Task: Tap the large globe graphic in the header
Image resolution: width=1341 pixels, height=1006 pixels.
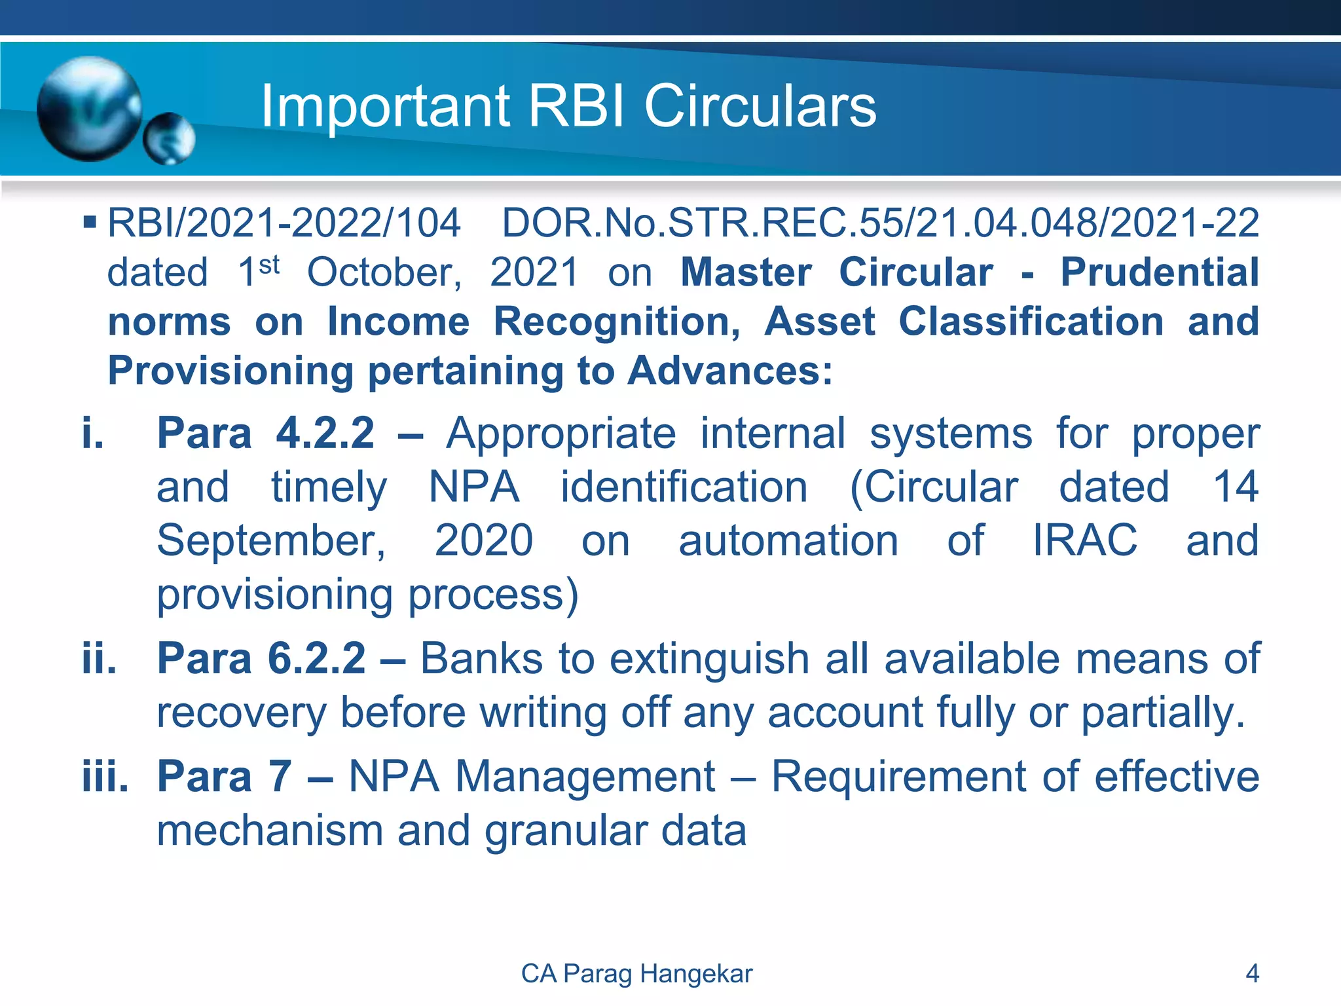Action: pyautogui.click(x=89, y=109)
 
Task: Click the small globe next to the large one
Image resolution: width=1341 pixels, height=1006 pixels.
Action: pyautogui.click(x=169, y=138)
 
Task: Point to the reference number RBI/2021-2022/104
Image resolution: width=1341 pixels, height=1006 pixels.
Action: pyautogui.click(x=284, y=223)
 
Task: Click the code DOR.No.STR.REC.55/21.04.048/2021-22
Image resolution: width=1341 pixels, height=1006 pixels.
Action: pyautogui.click(x=880, y=223)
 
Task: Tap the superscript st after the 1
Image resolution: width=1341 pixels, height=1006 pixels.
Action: pyautogui.click(x=269, y=265)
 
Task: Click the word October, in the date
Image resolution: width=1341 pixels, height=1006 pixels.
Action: pyautogui.click(x=384, y=272)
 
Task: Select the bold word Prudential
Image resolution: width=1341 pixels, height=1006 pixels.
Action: pyautogui.click(x=1159, y=272)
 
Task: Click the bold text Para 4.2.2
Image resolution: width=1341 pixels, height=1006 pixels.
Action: pyautogui.click(x=265, y=434)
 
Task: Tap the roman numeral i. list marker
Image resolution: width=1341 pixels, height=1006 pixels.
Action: pyautogui.click(x=93, y=434)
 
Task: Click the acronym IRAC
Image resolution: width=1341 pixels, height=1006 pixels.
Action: pyautogui.click(x=1085, y=541)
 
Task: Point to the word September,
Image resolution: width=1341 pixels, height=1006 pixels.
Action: pyautogui.click(x=271, y=541)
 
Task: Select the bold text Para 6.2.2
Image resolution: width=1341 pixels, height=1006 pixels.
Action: pyautogui.click(x=261, y=658)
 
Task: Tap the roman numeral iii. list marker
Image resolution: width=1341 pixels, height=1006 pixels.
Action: pyautogui.click(x=105, y=777)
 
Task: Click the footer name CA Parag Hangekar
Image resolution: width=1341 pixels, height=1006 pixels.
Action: pyautogui.click(x=636, y=974)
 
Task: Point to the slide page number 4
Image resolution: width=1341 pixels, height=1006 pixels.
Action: pyautogui.click(x=1251, y=974)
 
